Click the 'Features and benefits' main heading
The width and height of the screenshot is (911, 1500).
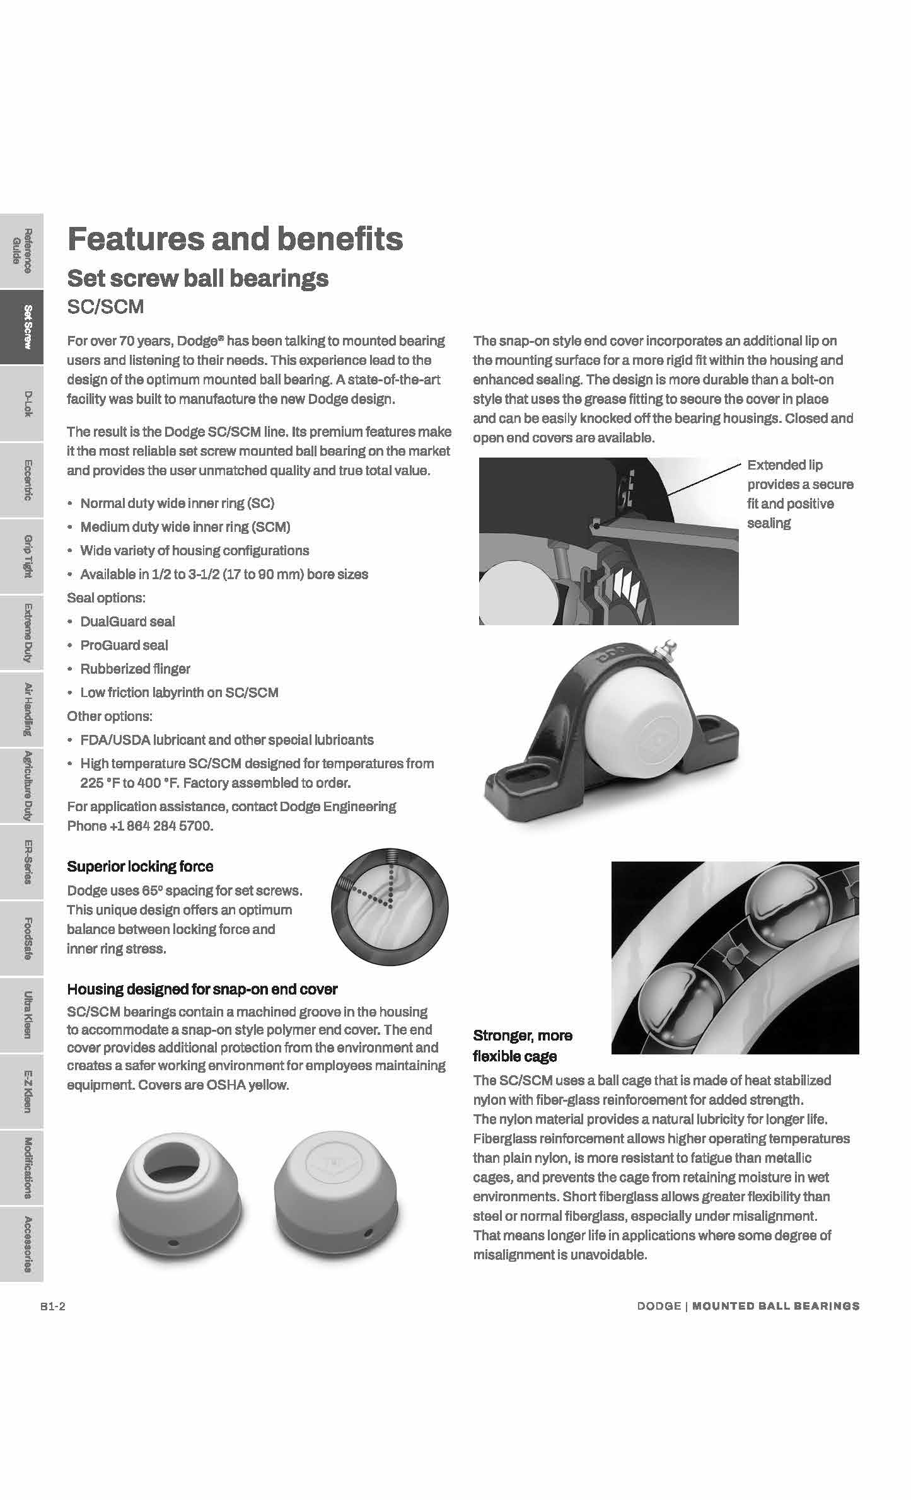(235, 239)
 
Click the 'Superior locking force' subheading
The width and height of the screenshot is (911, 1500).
(140, 867)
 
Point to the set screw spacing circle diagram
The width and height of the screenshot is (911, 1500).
(390, 907)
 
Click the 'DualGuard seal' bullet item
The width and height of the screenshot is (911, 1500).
(127, 621)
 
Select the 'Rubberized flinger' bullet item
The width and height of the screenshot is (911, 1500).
(135, 669)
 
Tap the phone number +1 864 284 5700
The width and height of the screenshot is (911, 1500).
(166, 826)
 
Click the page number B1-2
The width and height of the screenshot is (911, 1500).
(53, 1307)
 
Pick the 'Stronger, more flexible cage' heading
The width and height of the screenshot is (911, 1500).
(523, 1046)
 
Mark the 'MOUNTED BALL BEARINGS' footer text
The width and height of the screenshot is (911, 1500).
(775, 1307)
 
